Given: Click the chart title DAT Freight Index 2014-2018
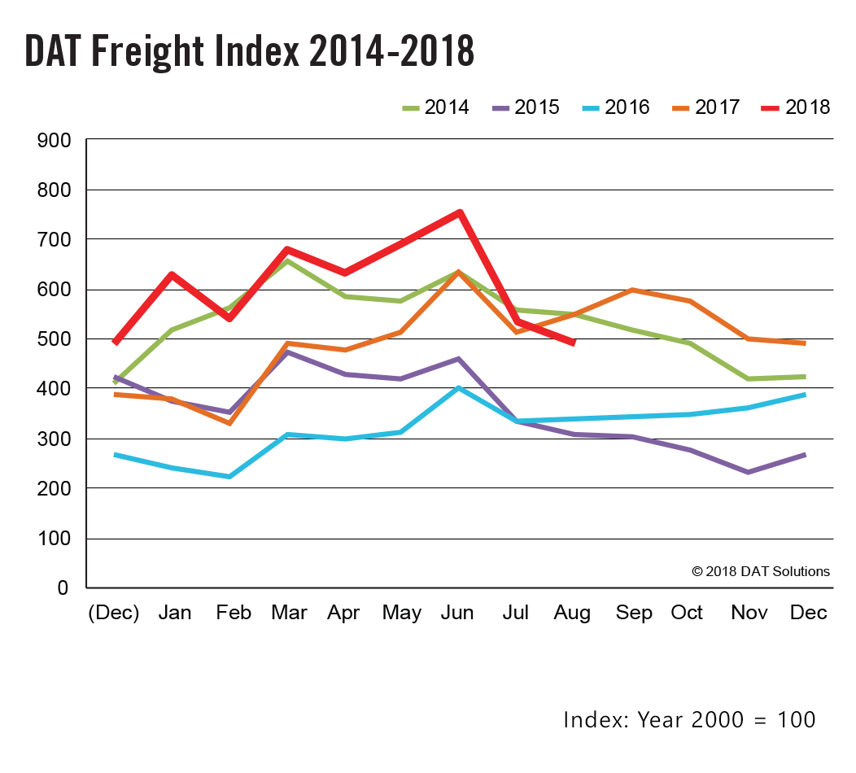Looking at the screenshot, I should (249, 50).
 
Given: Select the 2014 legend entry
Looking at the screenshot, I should (435, 107).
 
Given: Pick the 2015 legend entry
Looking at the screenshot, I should (526, 107).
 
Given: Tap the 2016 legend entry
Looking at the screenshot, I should (616, 107).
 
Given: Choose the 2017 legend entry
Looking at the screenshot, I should (706, 107).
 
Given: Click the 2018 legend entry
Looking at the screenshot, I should (797, 107).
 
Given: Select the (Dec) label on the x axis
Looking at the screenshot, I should (114, 613).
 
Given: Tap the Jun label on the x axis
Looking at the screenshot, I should (457, 613).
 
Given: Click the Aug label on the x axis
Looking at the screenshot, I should (572, 613).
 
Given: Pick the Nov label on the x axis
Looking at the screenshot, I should (745, 613).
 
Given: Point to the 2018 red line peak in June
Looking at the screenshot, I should (460, 212).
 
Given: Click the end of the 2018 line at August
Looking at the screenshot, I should (574, 343).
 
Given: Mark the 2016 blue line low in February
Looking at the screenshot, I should (230, 477).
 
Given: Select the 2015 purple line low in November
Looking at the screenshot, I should (747, 472).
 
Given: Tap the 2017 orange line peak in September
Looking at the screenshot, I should (631, 290).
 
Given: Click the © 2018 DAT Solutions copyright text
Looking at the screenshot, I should (761, 571).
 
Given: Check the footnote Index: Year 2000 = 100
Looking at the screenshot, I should (688, 719).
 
